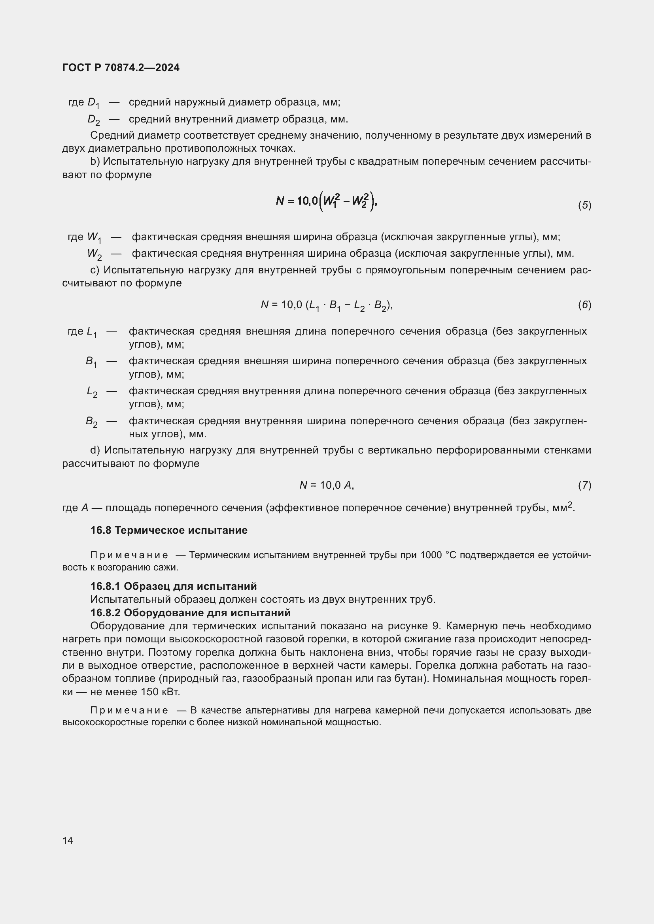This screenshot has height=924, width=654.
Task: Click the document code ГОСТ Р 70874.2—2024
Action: [121, 68]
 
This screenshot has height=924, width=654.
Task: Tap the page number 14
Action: [68, 840]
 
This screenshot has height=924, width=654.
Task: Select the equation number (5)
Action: [584, 205]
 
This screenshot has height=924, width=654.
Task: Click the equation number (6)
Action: [584, 305]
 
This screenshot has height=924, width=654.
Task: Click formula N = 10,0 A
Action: [327, 486]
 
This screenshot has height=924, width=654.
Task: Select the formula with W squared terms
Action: [326, 201]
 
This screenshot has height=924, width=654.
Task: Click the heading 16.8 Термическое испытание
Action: [169, 530]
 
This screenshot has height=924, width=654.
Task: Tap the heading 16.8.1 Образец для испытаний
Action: [174, 585]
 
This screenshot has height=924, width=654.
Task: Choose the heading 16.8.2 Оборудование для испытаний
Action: [190, 613]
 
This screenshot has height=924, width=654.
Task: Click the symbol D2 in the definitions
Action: [94, 120]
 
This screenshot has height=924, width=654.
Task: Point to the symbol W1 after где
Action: [94, 237]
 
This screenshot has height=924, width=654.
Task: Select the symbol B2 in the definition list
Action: [91, 422]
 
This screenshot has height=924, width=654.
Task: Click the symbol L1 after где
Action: [92, 332]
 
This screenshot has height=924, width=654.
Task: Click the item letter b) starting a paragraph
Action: [95, 162]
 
